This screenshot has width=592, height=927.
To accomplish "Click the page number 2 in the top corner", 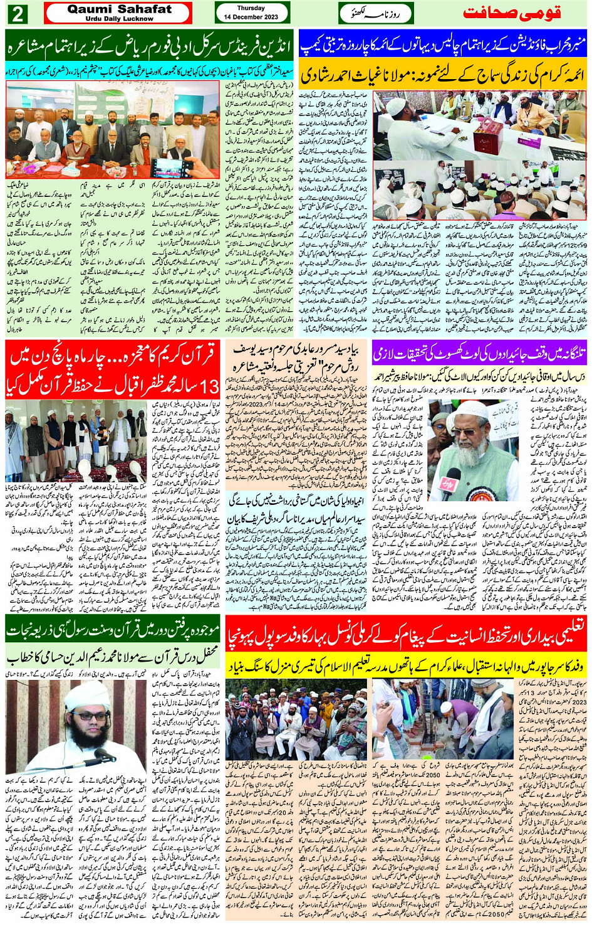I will (17, 13).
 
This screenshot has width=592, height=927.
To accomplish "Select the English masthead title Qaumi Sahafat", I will (119, 9).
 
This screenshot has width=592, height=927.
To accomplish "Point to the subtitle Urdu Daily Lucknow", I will (119, 19).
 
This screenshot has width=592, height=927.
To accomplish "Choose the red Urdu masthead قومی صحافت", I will (512, 13).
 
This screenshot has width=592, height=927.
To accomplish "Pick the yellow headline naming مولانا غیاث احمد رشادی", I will (443, 75).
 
